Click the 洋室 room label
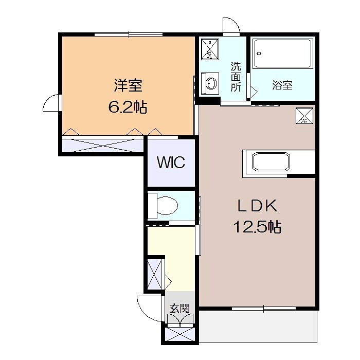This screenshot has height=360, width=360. tap(128, 84)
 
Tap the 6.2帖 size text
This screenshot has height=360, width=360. tap(128, 107)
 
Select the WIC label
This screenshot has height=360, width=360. tap(171, 163)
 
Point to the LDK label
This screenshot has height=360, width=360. tap(257, 206)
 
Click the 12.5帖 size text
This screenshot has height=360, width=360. tap(257, 227)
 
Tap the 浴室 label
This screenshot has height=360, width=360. tap(282, 85)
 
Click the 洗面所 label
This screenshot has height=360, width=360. tap(236, 77)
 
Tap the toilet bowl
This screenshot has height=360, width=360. tap(164, 206)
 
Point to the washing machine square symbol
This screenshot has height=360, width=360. tap(210, 49)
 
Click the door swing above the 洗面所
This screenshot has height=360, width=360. tap(229, 26)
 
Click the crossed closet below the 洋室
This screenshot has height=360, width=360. tap(102, 144)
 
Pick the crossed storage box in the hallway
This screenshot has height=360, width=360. tap(155, 275)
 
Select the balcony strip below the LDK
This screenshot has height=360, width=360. tap(258, 327)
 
